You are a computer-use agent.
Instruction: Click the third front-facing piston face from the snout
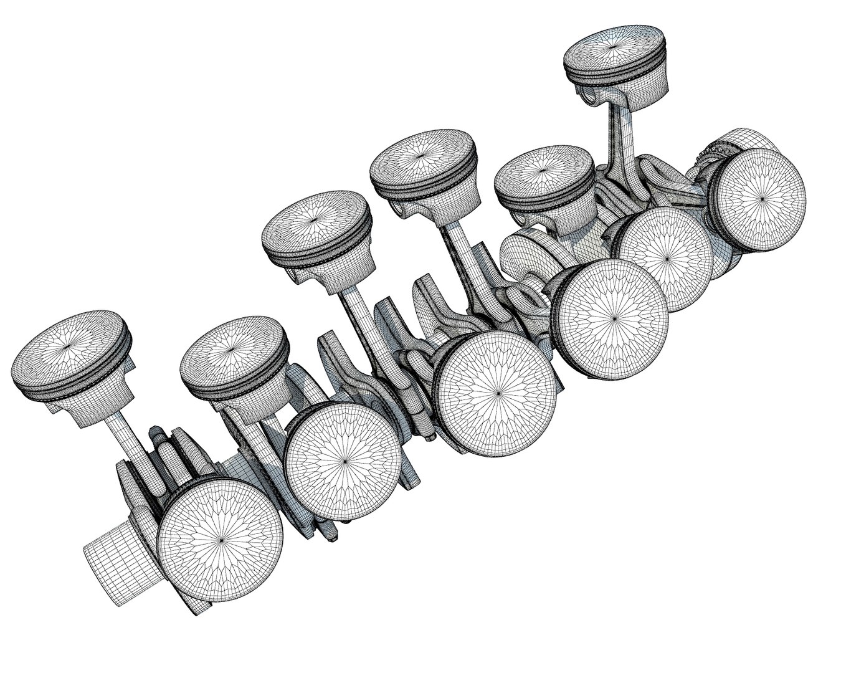[500, 394]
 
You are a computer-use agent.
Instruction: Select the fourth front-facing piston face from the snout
[615, 318]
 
